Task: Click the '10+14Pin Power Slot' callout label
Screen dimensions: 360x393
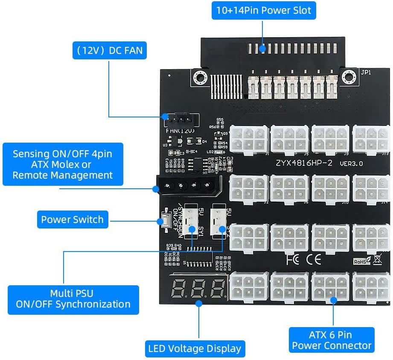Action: [264, 10]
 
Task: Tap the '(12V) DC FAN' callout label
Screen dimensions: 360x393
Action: [109, 51]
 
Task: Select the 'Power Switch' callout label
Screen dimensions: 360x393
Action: [72, 220]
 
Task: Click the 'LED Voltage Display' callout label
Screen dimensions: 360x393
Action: [195, 348]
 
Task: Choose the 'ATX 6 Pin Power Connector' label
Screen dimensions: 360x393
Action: [332, 340]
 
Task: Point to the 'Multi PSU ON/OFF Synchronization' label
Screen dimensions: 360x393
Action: [73, 299]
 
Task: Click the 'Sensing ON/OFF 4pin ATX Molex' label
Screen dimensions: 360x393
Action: [63, 164]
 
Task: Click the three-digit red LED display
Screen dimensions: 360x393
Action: [198, 289]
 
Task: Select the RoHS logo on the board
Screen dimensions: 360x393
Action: [361, 261]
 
